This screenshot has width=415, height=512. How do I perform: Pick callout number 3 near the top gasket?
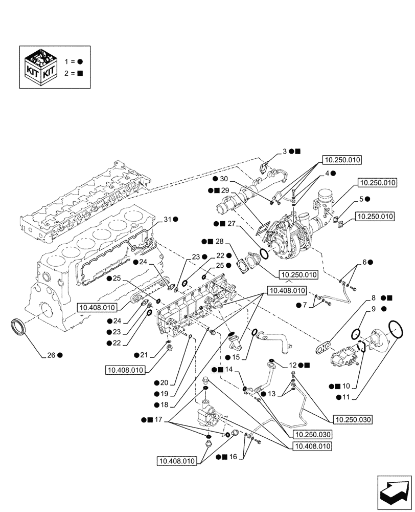coord(284,152)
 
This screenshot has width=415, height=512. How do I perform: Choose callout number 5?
coord(361,198)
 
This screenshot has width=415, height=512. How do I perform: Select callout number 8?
coord(374,297)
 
